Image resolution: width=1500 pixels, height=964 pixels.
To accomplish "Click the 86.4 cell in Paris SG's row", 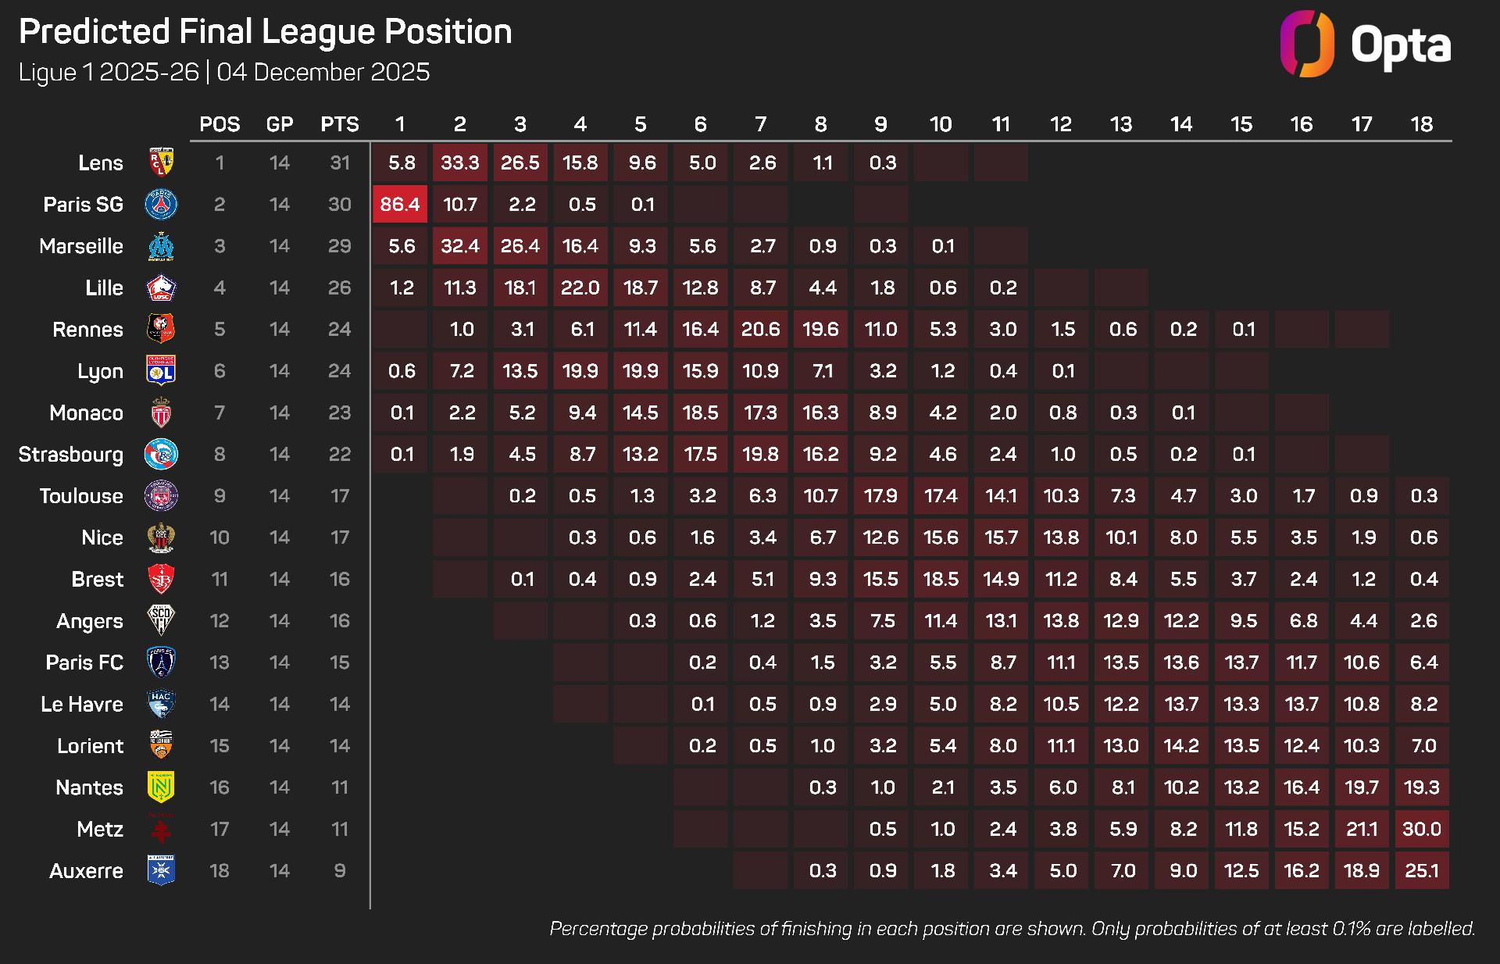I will click(400, 205).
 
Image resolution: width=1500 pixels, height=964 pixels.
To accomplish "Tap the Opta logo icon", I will click(1306, 44).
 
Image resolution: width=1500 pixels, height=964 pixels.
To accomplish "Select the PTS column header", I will click(340, 124).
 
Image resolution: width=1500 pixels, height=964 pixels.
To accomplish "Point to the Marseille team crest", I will click(161, 246).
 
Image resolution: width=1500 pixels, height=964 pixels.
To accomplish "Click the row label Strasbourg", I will click(71, 455).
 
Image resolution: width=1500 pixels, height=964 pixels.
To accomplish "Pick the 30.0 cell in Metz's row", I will click(1422, 830).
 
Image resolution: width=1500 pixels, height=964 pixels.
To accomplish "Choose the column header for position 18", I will click(1422, 124).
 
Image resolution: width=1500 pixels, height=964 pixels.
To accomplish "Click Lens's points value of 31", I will click(340, 162).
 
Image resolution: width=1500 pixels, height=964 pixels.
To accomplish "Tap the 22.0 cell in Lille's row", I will click(580, 287).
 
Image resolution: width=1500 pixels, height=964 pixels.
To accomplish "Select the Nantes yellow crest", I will click(161, 787).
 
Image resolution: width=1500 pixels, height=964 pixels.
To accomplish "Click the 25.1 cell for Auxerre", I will click(1422, 871).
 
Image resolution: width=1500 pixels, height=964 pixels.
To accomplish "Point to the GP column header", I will click(280, 124).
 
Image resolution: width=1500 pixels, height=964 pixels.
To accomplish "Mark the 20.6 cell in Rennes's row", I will click(761, 330).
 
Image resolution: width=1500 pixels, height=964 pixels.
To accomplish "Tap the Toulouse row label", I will click(81, 496).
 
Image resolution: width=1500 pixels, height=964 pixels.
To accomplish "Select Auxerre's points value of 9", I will click(340, 871).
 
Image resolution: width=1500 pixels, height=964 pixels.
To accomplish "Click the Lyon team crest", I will click(161, 371).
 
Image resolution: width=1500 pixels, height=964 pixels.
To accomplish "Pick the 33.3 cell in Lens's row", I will click(460, 162).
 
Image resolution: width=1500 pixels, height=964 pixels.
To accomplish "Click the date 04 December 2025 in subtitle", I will click(323, 73).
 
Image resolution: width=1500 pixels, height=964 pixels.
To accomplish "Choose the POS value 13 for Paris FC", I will click(220, 662).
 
